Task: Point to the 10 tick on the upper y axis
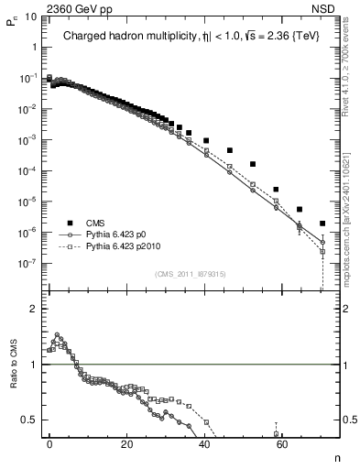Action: [x=30, y=17]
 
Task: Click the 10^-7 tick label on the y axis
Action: [x=27, y=264]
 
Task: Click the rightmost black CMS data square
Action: [x=322, y=223]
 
